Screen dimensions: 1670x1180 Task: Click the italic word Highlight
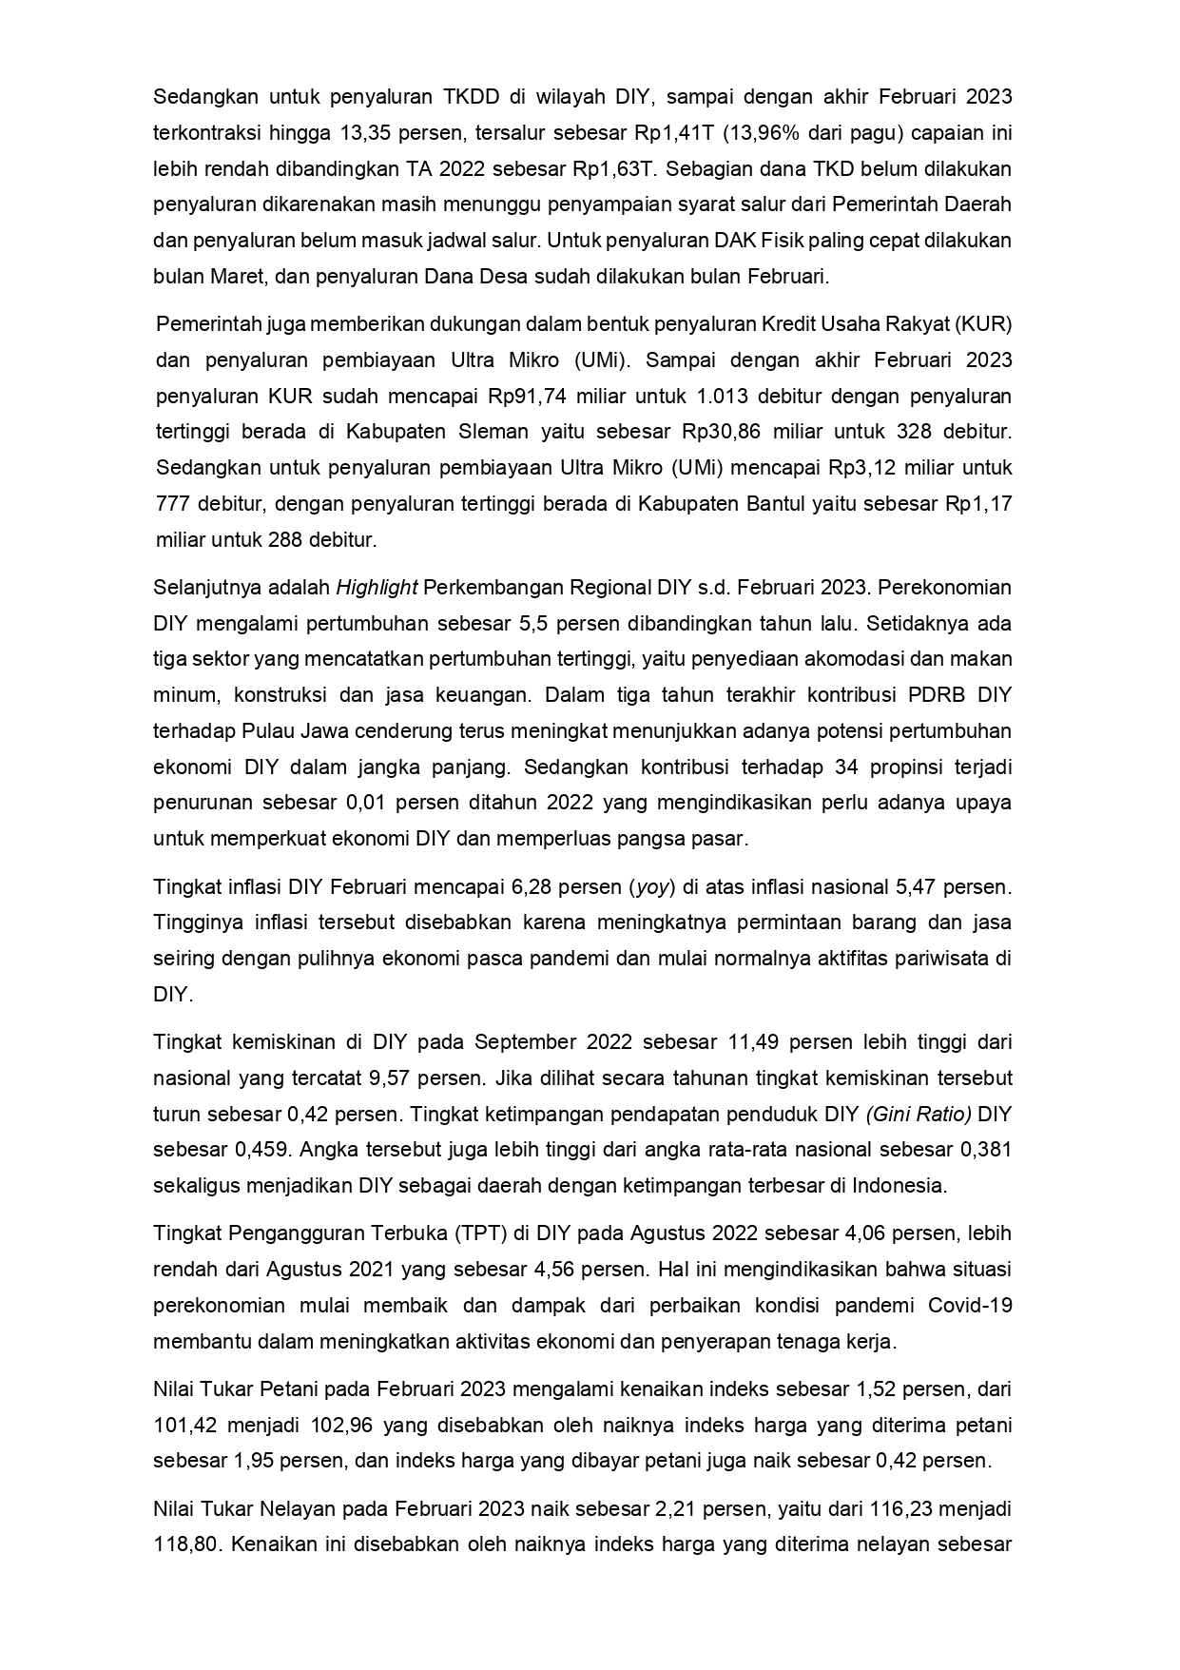click(377, 588)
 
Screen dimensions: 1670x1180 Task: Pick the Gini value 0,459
click(262, 1150)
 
